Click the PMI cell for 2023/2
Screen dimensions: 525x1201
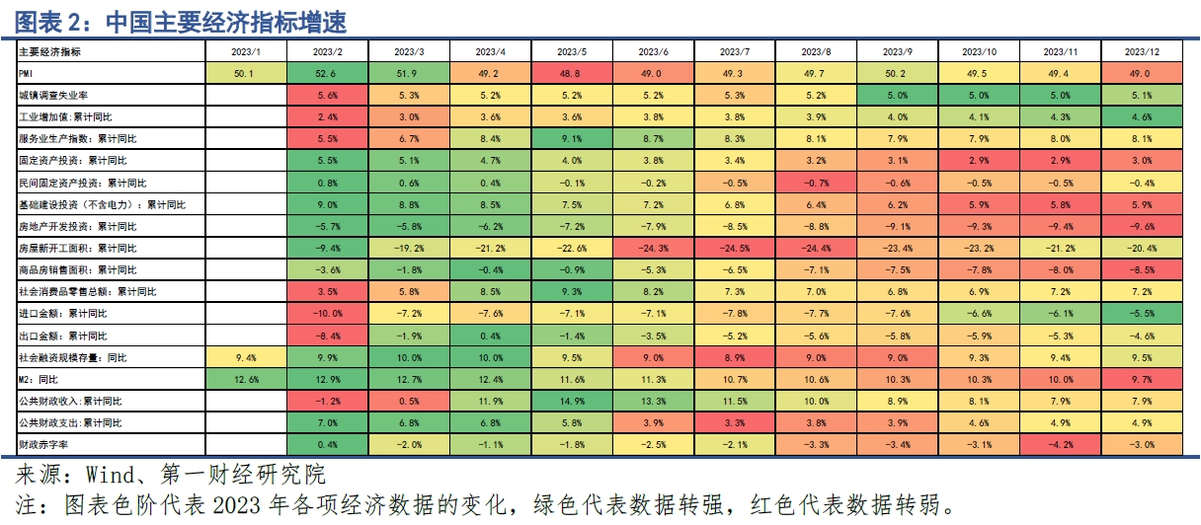click(x=327, y=73)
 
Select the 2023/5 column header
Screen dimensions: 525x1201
click(x=572, y=51)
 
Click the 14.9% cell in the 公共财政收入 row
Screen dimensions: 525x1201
click(x=572, y=401)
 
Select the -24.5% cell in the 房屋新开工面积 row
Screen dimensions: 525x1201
click(x=735, y=248)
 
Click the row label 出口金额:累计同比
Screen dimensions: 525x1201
click(x=61, y=336)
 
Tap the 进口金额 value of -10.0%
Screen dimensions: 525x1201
click(x=327, y=313)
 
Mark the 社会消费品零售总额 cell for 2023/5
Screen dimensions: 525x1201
click(x=572, y=291)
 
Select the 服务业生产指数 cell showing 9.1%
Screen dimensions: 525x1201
click(x=572, y=139)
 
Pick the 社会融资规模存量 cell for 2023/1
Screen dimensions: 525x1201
click(x=245, y=357)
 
